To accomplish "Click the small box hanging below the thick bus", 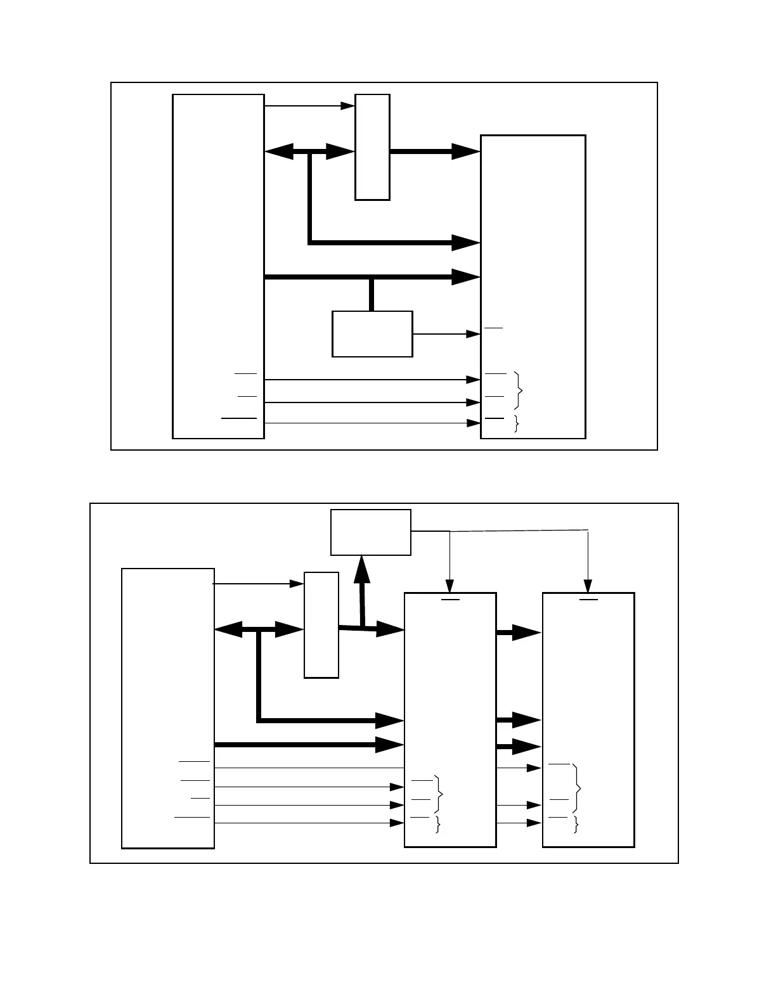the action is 372,334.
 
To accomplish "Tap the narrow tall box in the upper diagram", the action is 372,147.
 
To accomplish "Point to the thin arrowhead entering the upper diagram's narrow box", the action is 348,106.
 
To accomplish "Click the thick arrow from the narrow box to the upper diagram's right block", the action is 435,151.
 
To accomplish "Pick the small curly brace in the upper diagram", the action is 516,423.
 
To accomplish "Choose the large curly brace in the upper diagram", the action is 520,390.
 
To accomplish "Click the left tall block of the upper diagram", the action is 218,266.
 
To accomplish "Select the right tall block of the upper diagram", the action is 533,286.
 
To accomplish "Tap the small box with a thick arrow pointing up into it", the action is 371,532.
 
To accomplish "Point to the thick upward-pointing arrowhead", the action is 361,569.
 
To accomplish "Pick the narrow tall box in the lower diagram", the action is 321,625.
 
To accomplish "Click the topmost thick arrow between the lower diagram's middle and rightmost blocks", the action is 519,633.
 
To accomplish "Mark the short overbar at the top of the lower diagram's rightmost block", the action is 588,598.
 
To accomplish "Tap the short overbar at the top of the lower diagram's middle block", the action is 450,598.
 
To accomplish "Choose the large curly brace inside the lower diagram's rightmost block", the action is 576,788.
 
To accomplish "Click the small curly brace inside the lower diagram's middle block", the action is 437,824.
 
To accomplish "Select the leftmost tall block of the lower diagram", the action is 168,708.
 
